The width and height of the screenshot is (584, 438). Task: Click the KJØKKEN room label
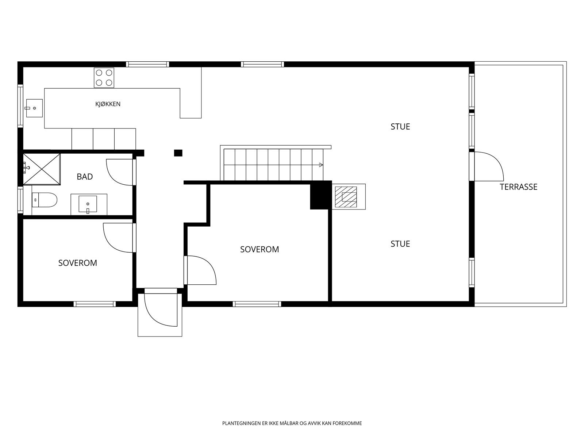pyautogui.click(x=108, y=104)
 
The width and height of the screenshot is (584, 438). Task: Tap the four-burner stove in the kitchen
pyautogui.click(x=104, y=77)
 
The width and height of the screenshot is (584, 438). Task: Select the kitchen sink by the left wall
pyautogui.click(x=34, y=108)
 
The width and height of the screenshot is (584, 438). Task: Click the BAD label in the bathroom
pyautogui.click(x=85, y=177)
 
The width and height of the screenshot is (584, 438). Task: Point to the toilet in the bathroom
pyautogui.click(x=45, y=200)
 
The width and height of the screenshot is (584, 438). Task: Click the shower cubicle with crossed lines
pyautogui.click(x=42, y=169)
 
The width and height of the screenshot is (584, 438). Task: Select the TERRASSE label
pyautogui.click(x=519, y=187)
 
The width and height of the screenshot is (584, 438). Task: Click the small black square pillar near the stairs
pyautogui.click(x=178, y=153)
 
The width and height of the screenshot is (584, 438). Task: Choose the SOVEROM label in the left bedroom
pyautogui.click(x=78, y=263)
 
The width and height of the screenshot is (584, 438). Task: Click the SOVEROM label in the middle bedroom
pyautogui.click(x=260, y=249)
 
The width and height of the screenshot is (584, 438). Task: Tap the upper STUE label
pyautogui.click(x=400, y=127)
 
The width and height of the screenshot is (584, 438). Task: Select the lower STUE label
pyautogui.click(x=400, y=244)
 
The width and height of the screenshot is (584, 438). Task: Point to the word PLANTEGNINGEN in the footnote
pyautogui.click(x=242, y=423)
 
